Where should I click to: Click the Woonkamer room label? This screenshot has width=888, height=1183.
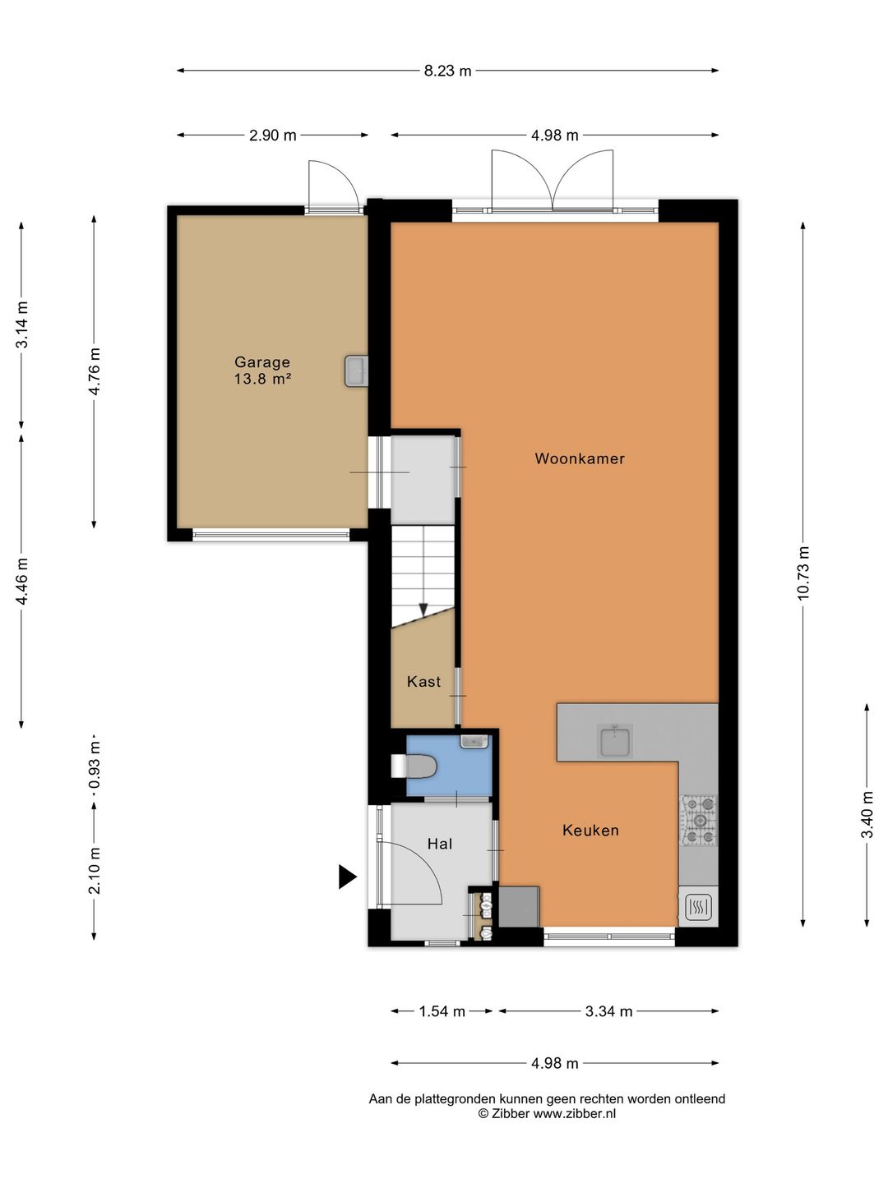pos(580,458)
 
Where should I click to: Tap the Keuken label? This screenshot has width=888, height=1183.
pos(590,830)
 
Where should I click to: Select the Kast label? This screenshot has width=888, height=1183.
pos(423,682)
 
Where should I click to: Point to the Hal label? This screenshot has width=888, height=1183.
pos(439,844)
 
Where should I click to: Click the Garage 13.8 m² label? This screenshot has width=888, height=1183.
pos(262,371)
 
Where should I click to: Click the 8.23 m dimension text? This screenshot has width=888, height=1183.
pos(447,71)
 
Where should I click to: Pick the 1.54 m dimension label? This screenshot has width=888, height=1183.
pos(442,1011)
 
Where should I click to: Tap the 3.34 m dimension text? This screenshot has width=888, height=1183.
pos(608,1011)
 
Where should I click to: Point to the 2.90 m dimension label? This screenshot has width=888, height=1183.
pos(273,136)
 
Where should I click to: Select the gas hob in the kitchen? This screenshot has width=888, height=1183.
pos(699,821)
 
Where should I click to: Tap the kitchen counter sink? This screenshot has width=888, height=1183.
pos(617,740)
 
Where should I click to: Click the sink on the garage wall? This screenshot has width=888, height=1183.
pos(356,371)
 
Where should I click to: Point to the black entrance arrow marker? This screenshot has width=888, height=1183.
pos(347,877)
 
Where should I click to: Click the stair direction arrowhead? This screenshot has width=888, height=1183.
pos(423,610)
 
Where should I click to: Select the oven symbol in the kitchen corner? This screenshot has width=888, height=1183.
pos(699,906)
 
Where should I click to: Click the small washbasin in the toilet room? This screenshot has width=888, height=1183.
pos(474,741)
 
